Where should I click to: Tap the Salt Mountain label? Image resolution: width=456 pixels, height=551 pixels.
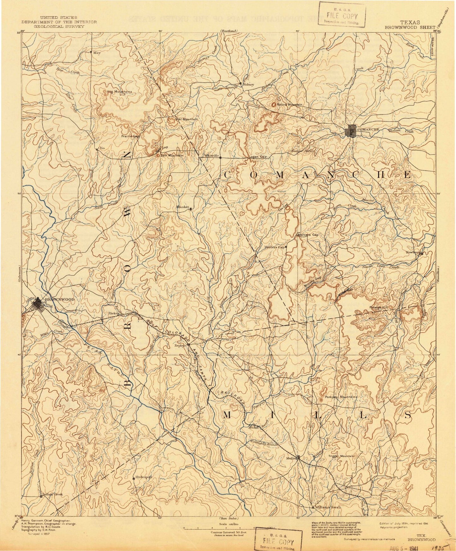[172, 155]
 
